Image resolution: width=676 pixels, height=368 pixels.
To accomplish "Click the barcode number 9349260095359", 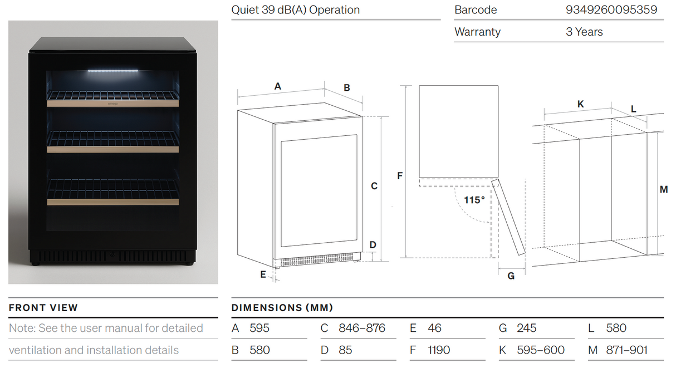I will coord(611,10).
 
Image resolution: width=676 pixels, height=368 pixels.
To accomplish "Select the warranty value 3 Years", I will coord(584,32).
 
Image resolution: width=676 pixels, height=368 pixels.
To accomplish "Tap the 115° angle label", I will coord(474,200).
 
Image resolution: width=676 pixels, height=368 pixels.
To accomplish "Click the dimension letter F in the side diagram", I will coord(400,176).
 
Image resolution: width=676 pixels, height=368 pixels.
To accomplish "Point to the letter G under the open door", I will coord(511,276).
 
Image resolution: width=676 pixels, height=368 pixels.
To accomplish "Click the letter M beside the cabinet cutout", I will coord(663,190).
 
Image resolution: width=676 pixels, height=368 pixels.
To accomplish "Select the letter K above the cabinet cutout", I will coord(580,104).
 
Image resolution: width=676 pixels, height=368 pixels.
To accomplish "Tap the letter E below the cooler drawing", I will coord(263,274).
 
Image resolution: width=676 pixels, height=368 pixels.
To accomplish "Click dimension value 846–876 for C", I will coord(361,328).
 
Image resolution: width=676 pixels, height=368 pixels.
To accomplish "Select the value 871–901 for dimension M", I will coord(626,350).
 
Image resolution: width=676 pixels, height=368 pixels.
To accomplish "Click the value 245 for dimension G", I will coord(526,328).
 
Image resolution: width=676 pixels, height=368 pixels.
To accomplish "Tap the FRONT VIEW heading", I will coord(43,307).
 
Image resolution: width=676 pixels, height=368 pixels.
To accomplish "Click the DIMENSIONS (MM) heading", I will coord(282,307).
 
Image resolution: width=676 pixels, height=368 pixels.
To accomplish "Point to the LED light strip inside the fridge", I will coord(113,71).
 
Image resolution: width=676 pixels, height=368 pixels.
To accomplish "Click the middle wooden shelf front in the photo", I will coord(112,149).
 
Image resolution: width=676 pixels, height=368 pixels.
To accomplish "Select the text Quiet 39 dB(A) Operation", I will coord(296,10).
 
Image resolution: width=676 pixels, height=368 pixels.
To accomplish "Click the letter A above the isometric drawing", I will coord(277,86).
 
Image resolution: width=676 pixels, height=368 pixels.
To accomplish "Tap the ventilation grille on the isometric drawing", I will coord(315,260).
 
